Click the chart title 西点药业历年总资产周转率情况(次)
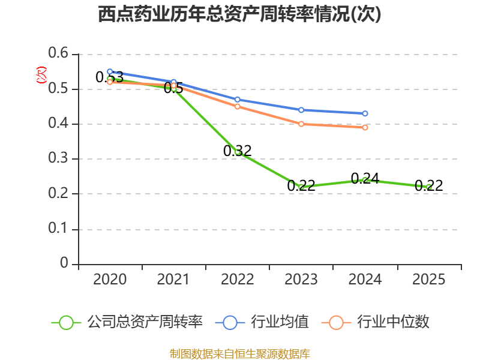click(x=239, y=14)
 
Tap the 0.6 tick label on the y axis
click(x=58, y=53)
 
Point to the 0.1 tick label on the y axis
click(x=58, y=228)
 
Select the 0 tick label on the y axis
click(x=64, y=263)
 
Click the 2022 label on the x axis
click(x=237, y=280)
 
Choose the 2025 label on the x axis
click(x=428, y=280)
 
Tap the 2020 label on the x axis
click(x=110, y=280)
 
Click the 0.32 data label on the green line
click(x=237, y=151)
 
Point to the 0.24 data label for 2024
click(x=365, y=178)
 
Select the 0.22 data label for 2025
click(x=428, y=185)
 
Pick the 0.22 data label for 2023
click(x=301, y=185)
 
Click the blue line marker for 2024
click(x=365, y=113)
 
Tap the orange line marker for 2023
click(x=301, y=124)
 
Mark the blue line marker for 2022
click(x=237, y=100)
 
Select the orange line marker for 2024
click(x=365, y=127)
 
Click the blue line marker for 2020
click(x=110, y=71)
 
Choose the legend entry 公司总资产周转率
click(x=127, y=322)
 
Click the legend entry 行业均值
click(x=262, y=322)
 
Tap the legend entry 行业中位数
click(x=376, y=322)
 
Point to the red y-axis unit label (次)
click(x=41, y=75)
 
